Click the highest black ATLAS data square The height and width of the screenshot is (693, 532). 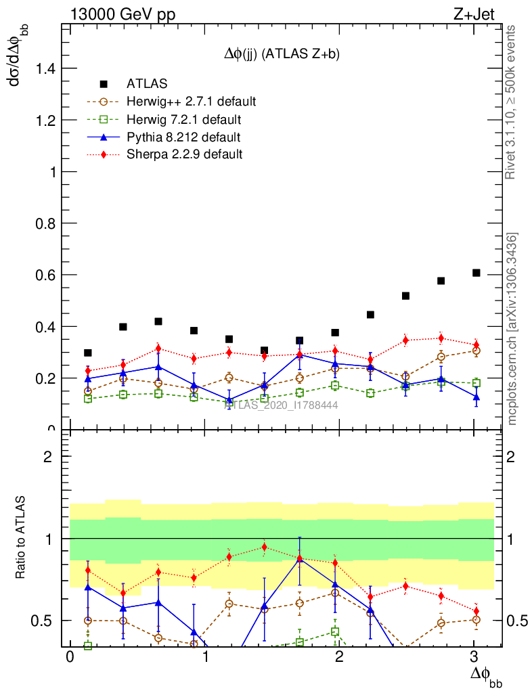(x=476, y=273)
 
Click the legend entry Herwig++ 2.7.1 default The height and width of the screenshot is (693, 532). (x=191, y=102)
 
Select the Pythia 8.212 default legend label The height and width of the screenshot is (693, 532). (x=183, y=137)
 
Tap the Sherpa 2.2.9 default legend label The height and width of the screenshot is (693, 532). (x=184, y=154)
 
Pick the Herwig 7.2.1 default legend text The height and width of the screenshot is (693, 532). (x=183, y=120)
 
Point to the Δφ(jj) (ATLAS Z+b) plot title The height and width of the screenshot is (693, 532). (x=281, y=55)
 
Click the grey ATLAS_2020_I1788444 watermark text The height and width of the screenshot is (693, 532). (x=280, y=405)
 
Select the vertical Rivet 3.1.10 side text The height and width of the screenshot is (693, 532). (x=512, y=102)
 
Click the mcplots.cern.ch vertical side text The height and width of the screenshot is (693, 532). (x=512, y=328)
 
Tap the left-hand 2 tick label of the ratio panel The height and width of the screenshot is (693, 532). (x=48, y=456)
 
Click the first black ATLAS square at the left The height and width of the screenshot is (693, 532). (x=87, y=353)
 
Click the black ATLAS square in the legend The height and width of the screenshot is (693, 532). (x=104, y=84)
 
